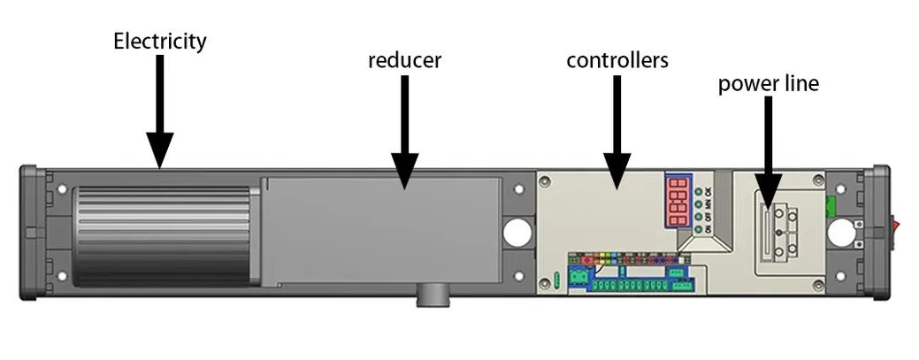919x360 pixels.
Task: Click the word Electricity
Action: pos(159,41)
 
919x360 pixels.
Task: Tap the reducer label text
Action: pos(404,61)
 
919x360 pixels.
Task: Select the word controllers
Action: pos(616,61)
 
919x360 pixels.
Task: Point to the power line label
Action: pos(768,84)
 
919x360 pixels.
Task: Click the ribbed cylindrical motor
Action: pos(165,235)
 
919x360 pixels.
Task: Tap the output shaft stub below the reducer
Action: pos(433,295)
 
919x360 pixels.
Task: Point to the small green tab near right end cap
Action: pos(831,206)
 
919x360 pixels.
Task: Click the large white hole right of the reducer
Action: pos(517,232)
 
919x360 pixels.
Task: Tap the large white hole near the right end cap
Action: pos(841,233)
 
